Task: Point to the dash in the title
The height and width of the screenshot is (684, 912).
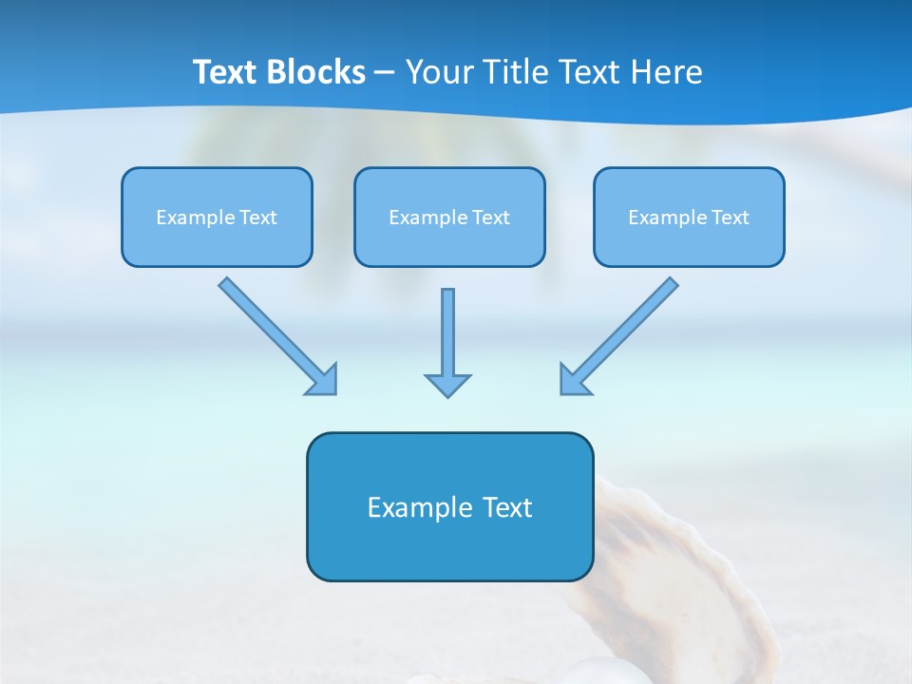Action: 385,73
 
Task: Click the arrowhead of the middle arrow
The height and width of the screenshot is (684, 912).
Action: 447,384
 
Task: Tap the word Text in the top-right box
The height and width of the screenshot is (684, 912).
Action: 730,218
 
